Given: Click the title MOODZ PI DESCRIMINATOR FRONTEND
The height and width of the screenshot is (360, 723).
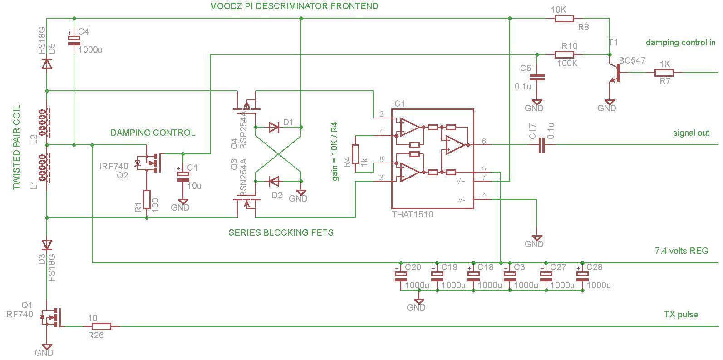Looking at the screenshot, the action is pos(294,6).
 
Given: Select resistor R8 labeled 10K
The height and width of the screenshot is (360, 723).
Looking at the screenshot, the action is pos(564,19).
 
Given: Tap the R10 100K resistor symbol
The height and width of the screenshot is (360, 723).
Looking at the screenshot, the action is pos(564,54).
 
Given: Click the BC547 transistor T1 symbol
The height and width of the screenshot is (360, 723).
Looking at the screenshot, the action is pos(614,73).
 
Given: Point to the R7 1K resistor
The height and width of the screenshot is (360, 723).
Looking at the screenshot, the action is pos(664,73).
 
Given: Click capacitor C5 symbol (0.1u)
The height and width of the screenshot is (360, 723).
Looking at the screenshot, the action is pos(537,77).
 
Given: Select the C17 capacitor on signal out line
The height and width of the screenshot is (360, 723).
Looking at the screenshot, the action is pos(541,145).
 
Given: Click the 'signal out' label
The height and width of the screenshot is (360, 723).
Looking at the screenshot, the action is pos(691,133).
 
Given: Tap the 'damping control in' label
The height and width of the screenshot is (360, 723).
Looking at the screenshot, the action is pos(680,43).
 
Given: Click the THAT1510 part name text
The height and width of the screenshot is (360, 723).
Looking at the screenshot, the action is pos(413,214).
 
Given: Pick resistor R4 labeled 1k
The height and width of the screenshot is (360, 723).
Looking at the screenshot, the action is pos(355,154).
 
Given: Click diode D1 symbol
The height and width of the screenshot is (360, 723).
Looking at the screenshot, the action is pos(274,127).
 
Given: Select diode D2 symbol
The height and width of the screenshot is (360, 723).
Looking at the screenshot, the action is pos(274,182).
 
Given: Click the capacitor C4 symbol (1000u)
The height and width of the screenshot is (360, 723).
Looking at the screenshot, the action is pos(74,40).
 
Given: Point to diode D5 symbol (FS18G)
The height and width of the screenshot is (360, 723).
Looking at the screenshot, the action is pos(47,64).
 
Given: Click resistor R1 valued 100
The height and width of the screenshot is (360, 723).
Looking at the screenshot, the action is pos(147,199).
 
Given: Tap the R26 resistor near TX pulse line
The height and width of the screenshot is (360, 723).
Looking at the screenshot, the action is pos(101,326).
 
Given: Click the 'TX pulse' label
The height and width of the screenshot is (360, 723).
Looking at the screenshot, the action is pos(681,315).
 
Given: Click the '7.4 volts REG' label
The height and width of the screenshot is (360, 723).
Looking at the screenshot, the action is pos(681,251).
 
